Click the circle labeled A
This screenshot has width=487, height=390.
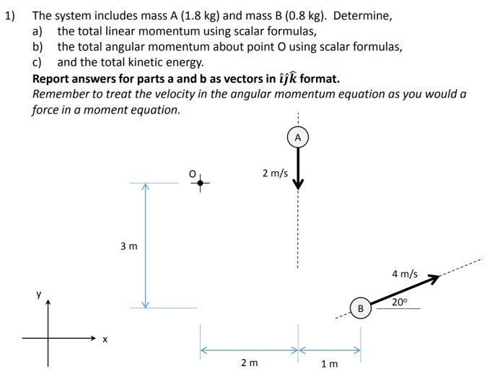tap(297, 137)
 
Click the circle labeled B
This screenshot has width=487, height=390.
tap(361, 308)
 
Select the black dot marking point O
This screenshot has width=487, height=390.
tap(200, 183)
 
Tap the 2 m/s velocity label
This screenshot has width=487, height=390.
tap(275, 173)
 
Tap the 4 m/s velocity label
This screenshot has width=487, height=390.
tap(405, 274)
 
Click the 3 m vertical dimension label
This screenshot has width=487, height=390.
tap(128, 246)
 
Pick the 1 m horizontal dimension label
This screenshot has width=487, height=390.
tap(328, 363)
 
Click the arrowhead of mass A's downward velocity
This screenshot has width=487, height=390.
tap(297, 185)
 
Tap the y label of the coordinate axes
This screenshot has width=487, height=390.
tap(40, 295)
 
